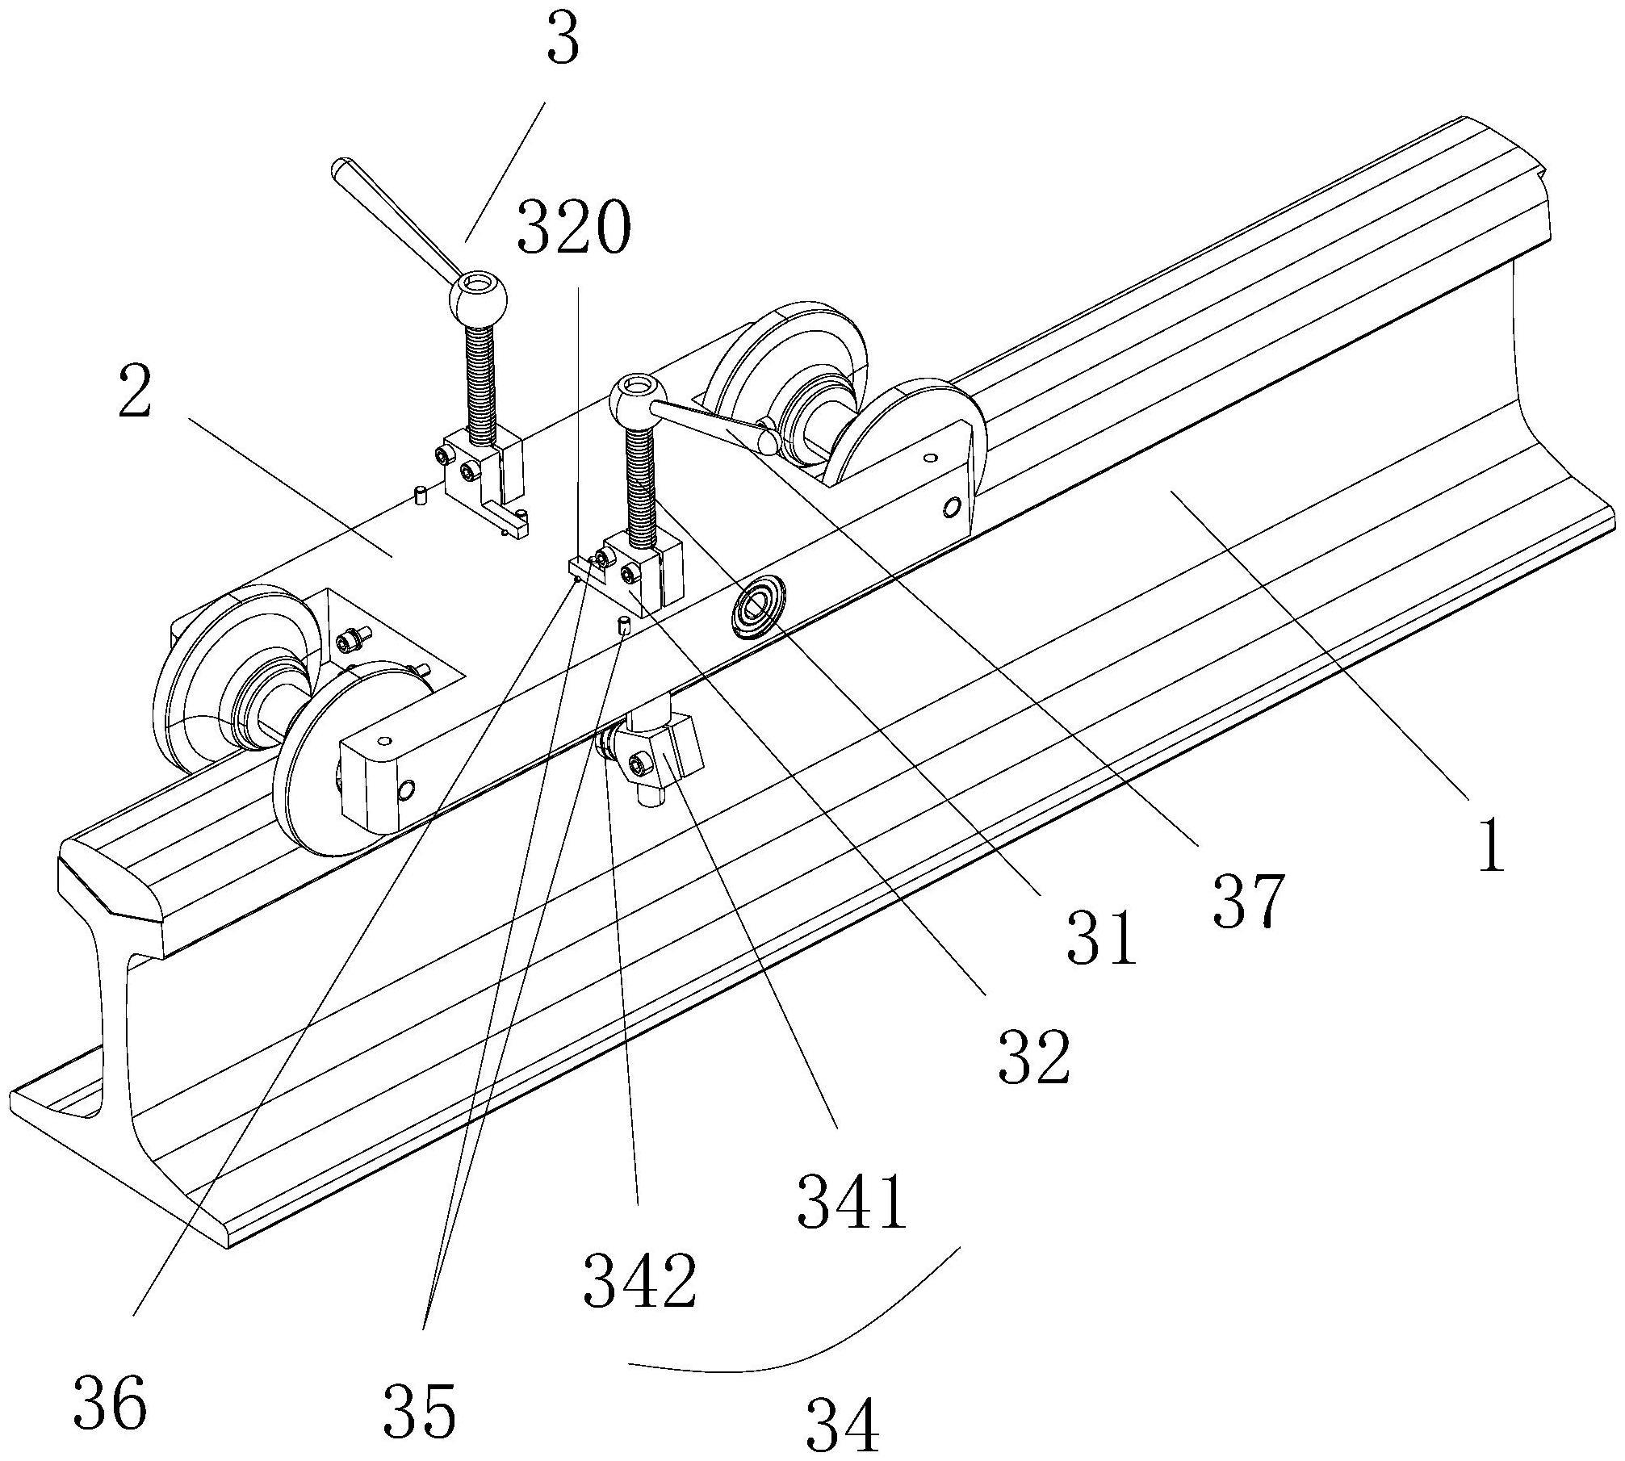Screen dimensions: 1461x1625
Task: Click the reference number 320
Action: pyautogui.click(x=572, y=227)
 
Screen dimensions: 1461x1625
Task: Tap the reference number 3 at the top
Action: pyautogui.click(x=563, y=41)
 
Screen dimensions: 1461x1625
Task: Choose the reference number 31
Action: pyautogui.click(x=1101, y=938)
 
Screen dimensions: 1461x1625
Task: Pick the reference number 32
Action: pyautogui.click(x=1034, y=1056)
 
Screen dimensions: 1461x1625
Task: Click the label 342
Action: pyautogui.click(x=640, y=1281)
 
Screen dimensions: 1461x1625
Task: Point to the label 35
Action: pyautogui.click(x=420, y=1409)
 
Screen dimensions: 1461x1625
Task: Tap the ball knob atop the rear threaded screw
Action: pyautogui.click(x=478, y=299)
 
